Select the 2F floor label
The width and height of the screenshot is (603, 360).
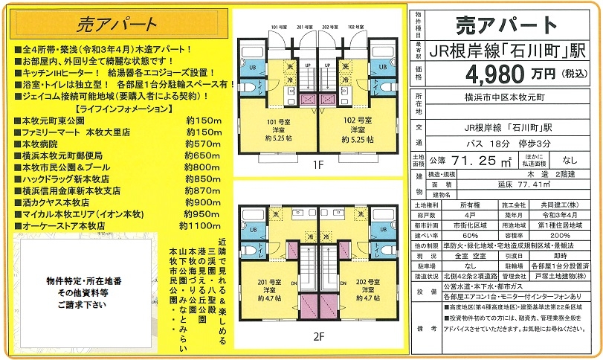click(318, 335)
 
